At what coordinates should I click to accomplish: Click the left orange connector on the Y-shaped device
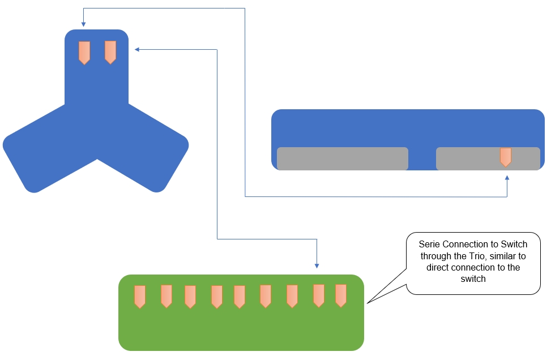(x=84, y=53)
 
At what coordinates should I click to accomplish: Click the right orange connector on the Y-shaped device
(x=110, y=52)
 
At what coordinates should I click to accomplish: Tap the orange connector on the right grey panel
(x=505, y=157)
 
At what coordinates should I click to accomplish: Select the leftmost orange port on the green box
(x=140, y=297)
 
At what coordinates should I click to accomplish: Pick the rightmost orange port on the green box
(x=341, y=295)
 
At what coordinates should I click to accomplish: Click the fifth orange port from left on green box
(x=240, y=297)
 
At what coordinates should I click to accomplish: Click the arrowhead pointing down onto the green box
(x=317, y=266)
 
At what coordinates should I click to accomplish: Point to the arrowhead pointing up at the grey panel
(x=507, y=178)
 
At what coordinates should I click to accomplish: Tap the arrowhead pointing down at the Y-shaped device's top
(x=83, y=24)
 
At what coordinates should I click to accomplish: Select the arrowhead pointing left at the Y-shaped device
(x=137, y=49)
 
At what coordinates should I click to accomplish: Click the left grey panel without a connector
(x=343, y=158)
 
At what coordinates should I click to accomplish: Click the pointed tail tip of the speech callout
(x=367, y=303)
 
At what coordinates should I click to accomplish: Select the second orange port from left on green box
(x=166, y=296)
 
